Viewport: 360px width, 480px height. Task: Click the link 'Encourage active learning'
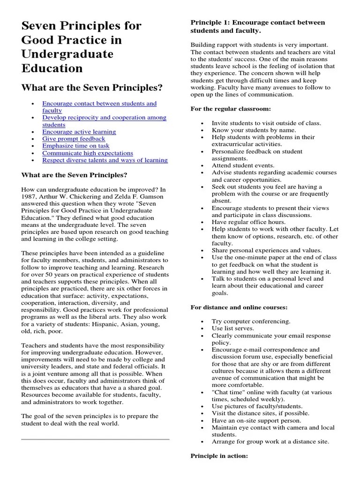click(x=79, y=132)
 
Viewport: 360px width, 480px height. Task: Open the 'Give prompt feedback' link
click(x=74, y=139)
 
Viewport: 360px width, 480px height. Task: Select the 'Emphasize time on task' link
click(x=75, y=146)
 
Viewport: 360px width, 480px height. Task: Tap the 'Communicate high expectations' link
click(x=88, y=153)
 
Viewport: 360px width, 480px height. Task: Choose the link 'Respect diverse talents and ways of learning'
click(x=105, y=160)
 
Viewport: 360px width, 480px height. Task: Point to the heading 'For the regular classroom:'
click(x=230, y=109)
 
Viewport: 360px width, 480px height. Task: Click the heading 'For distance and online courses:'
click(x=239, y=307)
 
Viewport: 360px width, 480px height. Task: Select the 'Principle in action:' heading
click(x=219, y=455)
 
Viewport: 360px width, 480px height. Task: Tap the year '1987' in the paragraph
click(x=29, y=197)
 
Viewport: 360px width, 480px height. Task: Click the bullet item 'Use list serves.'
click(x=232, y=328)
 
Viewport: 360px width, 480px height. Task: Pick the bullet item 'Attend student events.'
click(x=243, y=165)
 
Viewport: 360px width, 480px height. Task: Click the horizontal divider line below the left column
click(x=95, y=439)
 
